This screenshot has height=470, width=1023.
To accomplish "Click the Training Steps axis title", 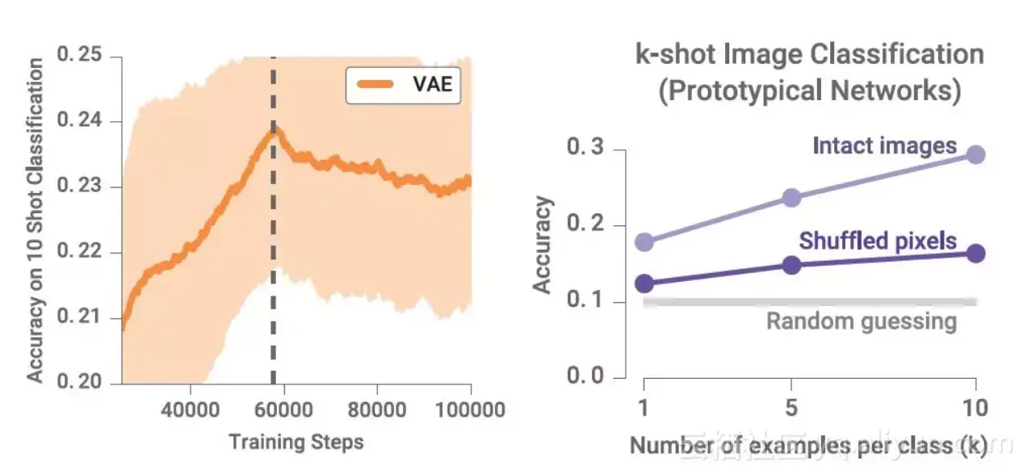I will [x=296, y=442].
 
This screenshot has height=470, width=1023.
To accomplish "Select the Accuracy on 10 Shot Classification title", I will [x=36, y=220].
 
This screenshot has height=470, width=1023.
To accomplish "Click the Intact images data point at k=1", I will [x=644, y=241].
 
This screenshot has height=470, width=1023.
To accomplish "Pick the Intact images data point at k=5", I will [x=791, y=197].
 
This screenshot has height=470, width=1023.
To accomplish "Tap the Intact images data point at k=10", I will [x=975, y=154].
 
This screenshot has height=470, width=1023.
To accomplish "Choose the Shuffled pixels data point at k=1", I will [x=644, y=283].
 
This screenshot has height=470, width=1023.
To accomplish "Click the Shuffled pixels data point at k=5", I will [x=791, y=265].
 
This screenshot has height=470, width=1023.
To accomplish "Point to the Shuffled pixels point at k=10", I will [x=975, y=254].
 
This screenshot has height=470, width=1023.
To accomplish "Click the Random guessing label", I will [x=861, y=321].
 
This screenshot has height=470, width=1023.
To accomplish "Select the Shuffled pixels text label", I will [x=878, y=241].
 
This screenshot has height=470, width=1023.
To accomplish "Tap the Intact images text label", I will [x=884, y=146].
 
